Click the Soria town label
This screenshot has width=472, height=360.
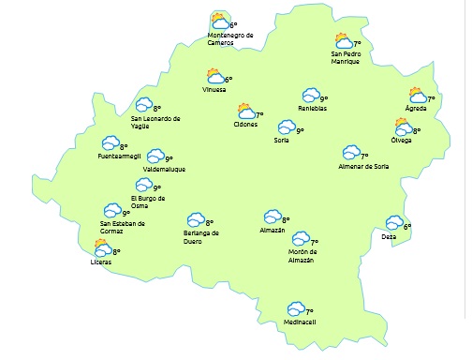pos(281,141)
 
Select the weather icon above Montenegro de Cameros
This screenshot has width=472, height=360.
pos(219,21)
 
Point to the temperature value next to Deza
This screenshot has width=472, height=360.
pos(407,226)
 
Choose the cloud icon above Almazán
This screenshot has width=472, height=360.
pos(272,217)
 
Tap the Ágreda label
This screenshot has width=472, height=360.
pos(415,109)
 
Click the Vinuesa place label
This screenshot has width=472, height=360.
pos(214,90)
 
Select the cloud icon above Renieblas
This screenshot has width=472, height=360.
pos(310,96)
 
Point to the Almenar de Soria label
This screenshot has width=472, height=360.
pos(363,167)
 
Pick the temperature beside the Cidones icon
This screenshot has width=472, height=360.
pos(260,115)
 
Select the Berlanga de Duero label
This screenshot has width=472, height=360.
pos(200,236)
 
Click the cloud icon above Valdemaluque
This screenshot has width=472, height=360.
pos(155,157)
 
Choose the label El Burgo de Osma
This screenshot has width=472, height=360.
pos(148,202)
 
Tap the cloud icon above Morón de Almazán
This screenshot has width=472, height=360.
pos(300,240)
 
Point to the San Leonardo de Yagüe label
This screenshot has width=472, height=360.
pos(155,122)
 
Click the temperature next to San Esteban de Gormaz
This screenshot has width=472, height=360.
pos(126,213)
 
